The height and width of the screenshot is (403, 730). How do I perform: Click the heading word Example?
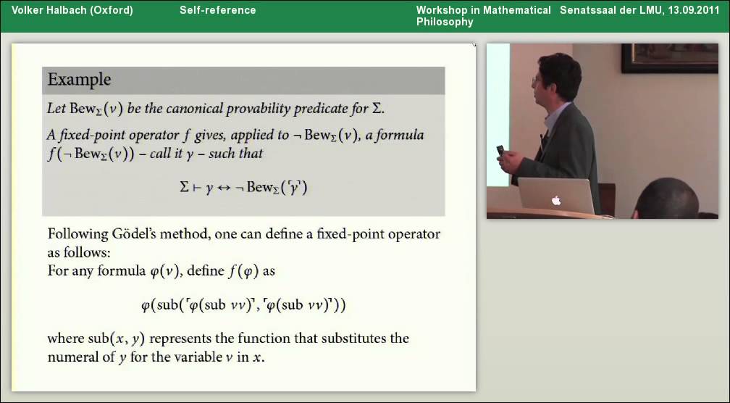pos(79,80)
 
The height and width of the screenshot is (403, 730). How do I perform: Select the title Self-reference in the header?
pos(218,10)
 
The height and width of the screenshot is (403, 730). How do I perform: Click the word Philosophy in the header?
pos(445,22)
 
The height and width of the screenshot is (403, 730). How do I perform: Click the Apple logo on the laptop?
pos(556,200)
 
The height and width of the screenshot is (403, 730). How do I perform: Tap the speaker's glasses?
pos(534,81)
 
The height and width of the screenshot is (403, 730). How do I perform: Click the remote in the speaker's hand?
pos(500,151)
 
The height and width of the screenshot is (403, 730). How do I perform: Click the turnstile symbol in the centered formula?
pos(196,187)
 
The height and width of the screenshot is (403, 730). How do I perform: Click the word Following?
pos(75,235)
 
